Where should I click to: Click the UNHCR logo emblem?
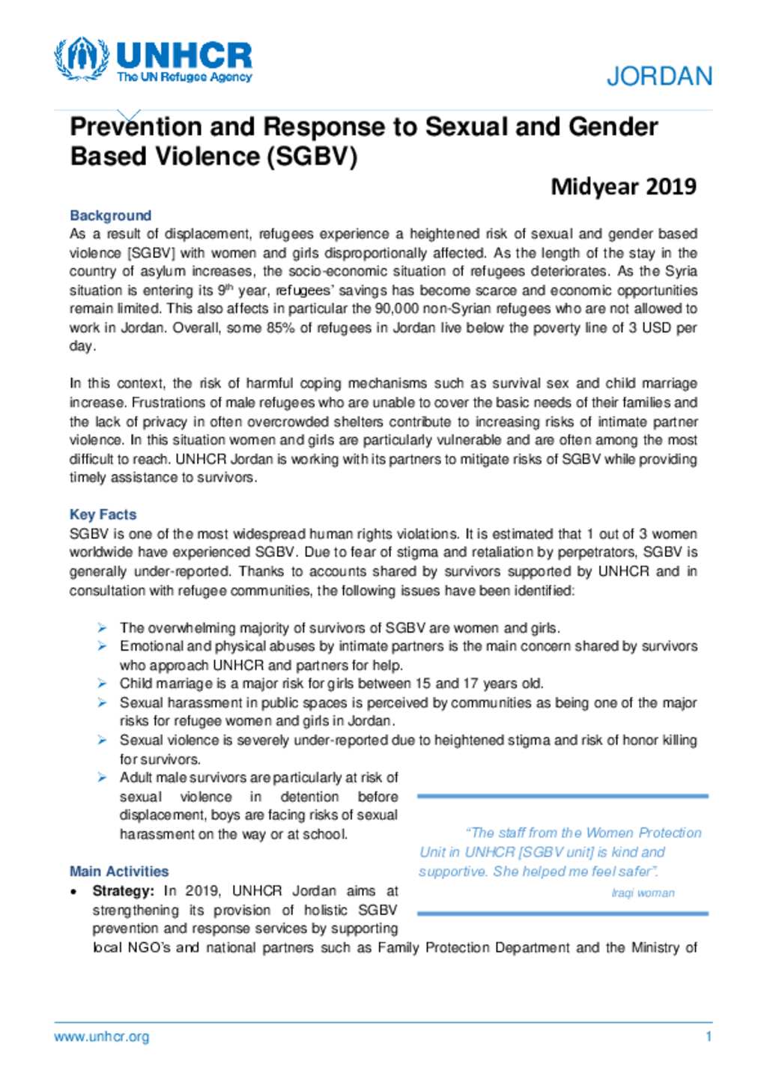pyautogui.click(x=81, y=58)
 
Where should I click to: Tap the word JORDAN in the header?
pyautogui.click(x=659, y=76)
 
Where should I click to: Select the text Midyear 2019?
pyautogui.click(x=623, y=186)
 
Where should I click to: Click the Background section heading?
pyautogui.click(x=110, y=216)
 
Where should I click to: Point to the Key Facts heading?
pyautogui.click(x=103, y=514)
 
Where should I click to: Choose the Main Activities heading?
pyautogui.click(x=119, y=872)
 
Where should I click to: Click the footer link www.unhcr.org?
pyautogui.click(x=101, y=1037)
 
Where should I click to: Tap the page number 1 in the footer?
pyautogui.click(x=708, y=1037)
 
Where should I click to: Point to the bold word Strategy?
pyautogui.click(x=124, y=891)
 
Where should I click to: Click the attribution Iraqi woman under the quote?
pyautogui.click(x=643, y=893)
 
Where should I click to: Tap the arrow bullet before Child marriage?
pyautogui.click(x=102, y=684)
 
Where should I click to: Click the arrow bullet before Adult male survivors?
pyautogui.click(x=102, y=778)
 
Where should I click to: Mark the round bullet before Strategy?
pyautogui.click(x=73, y=892)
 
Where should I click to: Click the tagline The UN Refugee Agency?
pyautogui.click(x=184, y=77)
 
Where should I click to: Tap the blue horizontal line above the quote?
pyautogui.click(x=562, y=796)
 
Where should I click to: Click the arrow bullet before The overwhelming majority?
pyautogui.click(x=102, y=628)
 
